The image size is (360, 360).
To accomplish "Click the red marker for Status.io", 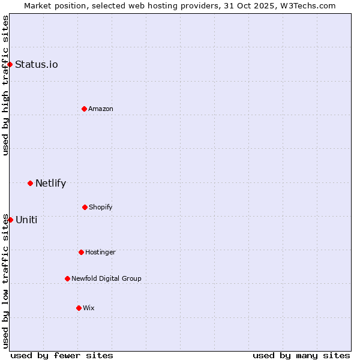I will (10, 64).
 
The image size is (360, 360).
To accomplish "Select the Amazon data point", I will (84, 109).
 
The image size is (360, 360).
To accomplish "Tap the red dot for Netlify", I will (30, 183).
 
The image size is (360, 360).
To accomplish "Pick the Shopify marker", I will (85, 207).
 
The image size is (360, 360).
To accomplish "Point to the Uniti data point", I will (10, 220).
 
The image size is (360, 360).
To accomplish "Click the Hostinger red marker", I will (81, 252).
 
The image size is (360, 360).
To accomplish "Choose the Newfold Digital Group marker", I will (67, 278).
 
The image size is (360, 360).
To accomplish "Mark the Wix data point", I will (79, 308).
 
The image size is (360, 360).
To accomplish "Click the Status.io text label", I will (37, 65).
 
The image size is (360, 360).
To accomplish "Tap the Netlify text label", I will (50, 184).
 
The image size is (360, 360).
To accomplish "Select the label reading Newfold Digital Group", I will (106, 278).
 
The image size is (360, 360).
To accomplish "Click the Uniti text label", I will (26, 220).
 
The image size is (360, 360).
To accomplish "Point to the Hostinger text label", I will (100, 253).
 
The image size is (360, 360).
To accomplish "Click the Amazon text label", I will (101, 109).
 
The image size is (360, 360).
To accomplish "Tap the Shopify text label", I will (100, 208).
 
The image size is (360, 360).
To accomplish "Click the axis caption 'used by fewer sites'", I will (62, 355).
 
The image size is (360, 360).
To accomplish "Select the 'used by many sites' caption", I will (301, 355).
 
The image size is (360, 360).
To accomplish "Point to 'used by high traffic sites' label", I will (5, 85).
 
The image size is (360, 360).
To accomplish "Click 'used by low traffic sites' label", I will (5, 281).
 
